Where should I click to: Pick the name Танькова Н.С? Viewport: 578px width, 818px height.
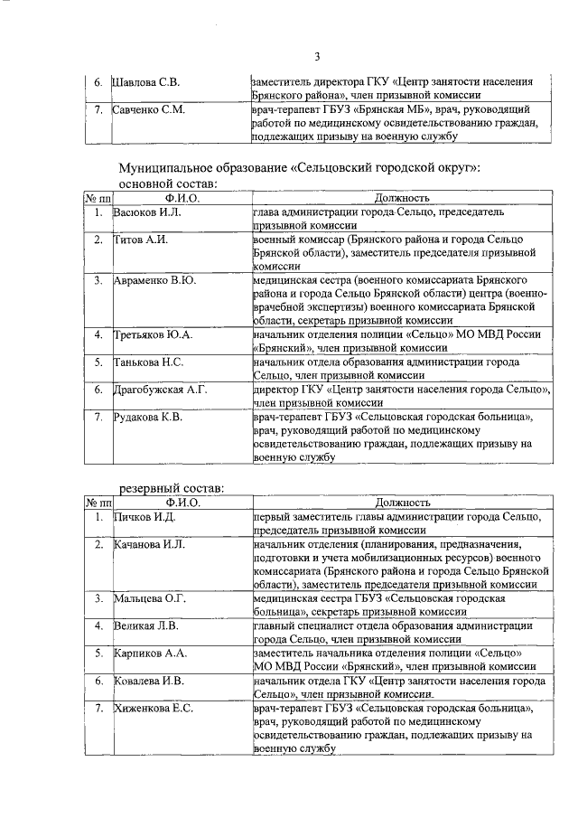(150, 362)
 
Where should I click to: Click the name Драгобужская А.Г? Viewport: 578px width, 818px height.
(161, 390)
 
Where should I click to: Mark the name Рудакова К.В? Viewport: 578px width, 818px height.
(149, 417)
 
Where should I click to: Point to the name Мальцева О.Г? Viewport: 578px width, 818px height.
(150, 598)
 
